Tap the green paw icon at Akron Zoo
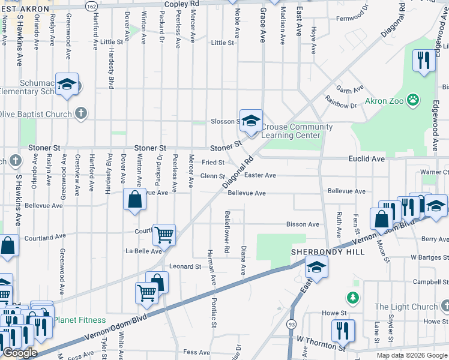(413, 100)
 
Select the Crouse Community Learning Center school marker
(251, 121)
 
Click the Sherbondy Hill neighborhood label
(328, 252)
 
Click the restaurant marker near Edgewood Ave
(424, 61)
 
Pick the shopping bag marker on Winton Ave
(134, 199)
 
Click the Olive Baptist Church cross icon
(81, 113)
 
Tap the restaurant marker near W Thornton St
(343, 330)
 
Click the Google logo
(20, 353)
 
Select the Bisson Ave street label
(303, 224)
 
